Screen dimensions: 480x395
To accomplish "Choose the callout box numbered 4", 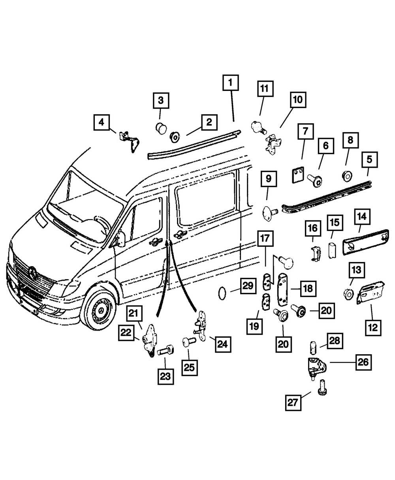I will pos(102,123).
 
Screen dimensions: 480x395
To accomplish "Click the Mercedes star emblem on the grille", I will pos(32,273).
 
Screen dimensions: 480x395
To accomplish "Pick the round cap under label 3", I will pos(160,128).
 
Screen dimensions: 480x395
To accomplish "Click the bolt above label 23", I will pos(164,350).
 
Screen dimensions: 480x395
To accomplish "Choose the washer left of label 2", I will pos(174,137).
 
